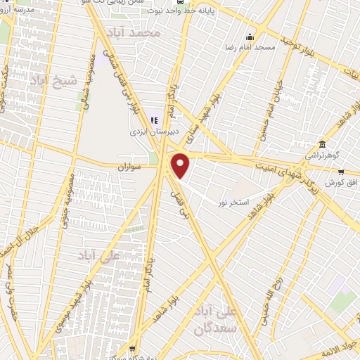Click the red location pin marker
click(x=181, y=165)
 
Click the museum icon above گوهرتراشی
click(x=321, y=143)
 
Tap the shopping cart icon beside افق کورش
click(x=342, y=170)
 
